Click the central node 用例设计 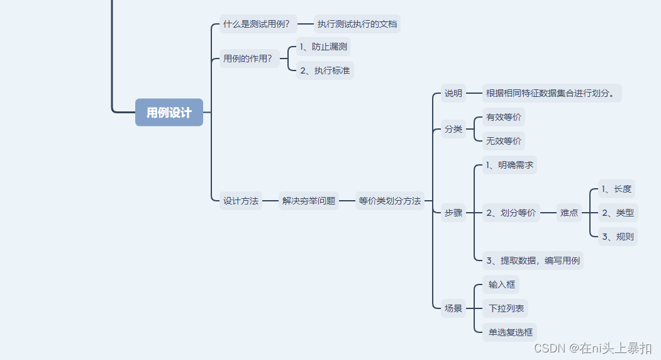point(169,113)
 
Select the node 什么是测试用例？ point(257,25)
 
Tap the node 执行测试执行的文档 point(357,25)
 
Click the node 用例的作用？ point(248,59)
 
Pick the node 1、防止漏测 point(323,46)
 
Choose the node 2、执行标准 point(325,70)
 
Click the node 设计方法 point(241,201)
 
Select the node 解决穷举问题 point(309,201)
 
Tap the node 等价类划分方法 point(390,201)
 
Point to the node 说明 point(453,93)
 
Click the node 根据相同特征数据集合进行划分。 point(552,93)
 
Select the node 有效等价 point(504,117)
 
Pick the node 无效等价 point(504,141)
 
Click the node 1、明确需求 point(509,165)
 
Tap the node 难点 point(569,213)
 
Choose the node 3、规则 point(618,237)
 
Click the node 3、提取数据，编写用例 point(533,261)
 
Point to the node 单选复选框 point(510,332)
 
